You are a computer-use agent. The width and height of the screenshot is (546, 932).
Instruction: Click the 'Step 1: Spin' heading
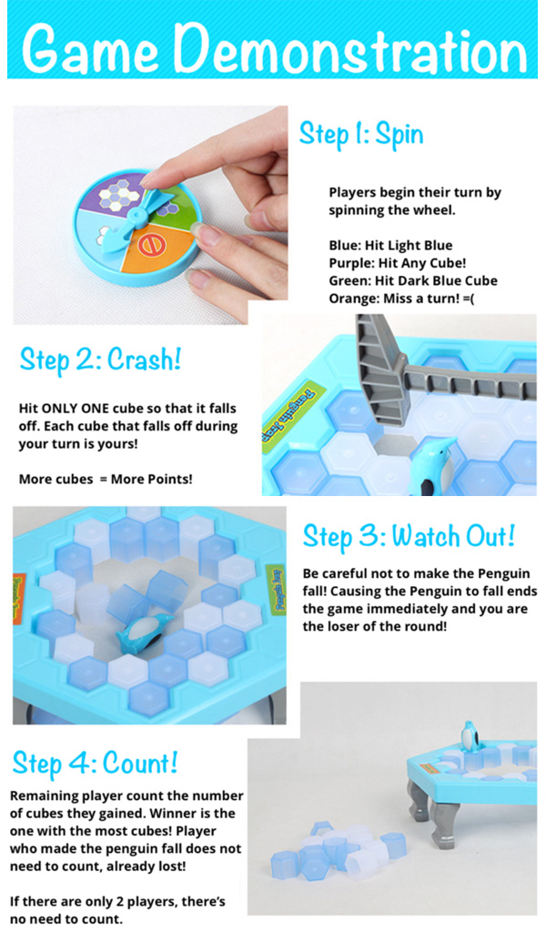point(361,135)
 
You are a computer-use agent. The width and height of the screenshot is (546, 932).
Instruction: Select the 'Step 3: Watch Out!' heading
point(409,537)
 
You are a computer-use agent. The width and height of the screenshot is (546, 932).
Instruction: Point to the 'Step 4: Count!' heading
point(95,764)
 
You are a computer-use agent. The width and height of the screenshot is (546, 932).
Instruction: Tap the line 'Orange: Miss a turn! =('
point(401,299)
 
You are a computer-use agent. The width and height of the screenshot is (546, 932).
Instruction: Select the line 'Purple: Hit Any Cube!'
point(398,263)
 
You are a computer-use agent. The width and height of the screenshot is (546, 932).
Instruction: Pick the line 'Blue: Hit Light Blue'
point(390,246)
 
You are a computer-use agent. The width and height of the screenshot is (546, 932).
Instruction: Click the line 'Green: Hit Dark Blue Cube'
point(413,281)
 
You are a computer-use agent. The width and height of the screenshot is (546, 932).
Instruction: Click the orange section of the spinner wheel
point(155,248)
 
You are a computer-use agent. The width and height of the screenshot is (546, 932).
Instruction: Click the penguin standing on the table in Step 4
point(471,737)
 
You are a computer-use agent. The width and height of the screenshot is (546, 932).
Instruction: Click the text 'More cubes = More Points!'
point(106,479)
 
